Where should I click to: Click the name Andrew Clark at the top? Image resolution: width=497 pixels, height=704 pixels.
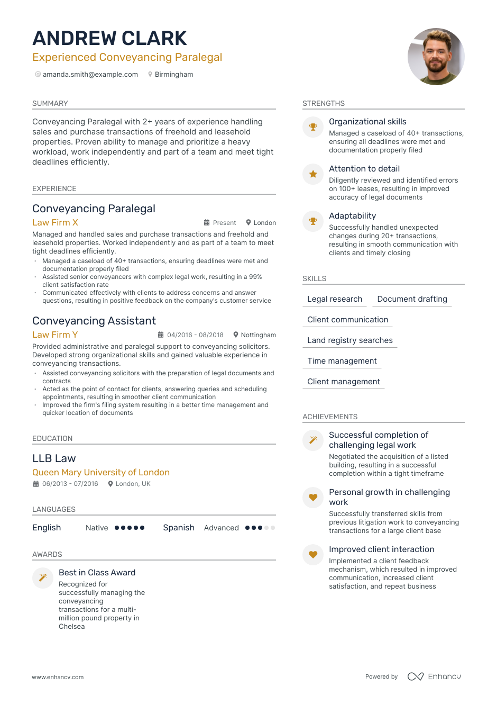[109, 39]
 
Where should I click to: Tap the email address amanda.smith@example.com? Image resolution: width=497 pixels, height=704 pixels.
[90, 75]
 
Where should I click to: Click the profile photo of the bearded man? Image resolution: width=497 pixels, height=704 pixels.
[436, 57]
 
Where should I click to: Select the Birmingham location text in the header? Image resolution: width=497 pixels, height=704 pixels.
[173, 75]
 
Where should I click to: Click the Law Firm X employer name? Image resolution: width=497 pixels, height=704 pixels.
[55, 223]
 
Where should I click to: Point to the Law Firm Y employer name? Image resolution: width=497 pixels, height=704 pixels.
[55, 335]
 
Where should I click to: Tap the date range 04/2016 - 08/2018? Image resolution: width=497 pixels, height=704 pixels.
[195, 335]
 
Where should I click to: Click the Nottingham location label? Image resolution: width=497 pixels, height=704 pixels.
[258, 335]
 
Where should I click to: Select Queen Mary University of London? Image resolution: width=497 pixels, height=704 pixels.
[101, 473]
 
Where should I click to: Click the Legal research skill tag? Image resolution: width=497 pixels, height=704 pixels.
[335, 299]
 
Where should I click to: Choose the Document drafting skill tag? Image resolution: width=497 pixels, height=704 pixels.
[412, 299]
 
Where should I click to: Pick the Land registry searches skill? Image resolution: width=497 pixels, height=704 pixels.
[350, 340]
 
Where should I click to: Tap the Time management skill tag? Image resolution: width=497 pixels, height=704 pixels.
[342, 361]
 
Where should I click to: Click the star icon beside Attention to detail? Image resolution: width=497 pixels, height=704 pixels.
[313, 174]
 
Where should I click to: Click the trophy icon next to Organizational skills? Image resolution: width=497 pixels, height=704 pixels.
[313, 127]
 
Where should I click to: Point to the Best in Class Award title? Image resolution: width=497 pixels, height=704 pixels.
[97, 573]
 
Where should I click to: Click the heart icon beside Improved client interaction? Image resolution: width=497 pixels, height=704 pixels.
[313, 555]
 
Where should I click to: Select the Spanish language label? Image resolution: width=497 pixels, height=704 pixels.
[179, 528]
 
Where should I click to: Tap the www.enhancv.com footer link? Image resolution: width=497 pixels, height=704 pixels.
[58, 677]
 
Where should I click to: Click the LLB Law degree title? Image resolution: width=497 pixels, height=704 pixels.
[54, 459]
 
